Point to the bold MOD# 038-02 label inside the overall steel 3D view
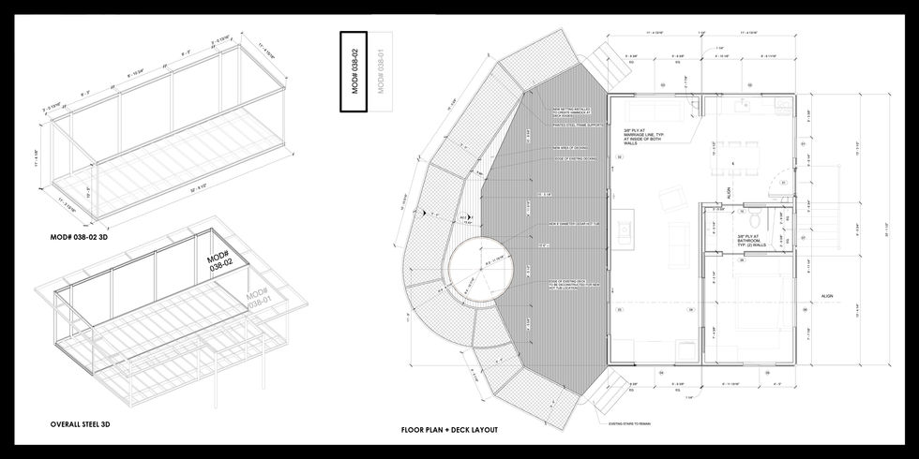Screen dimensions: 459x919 point(218,261)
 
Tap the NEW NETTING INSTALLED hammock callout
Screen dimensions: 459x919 point(569,111)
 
